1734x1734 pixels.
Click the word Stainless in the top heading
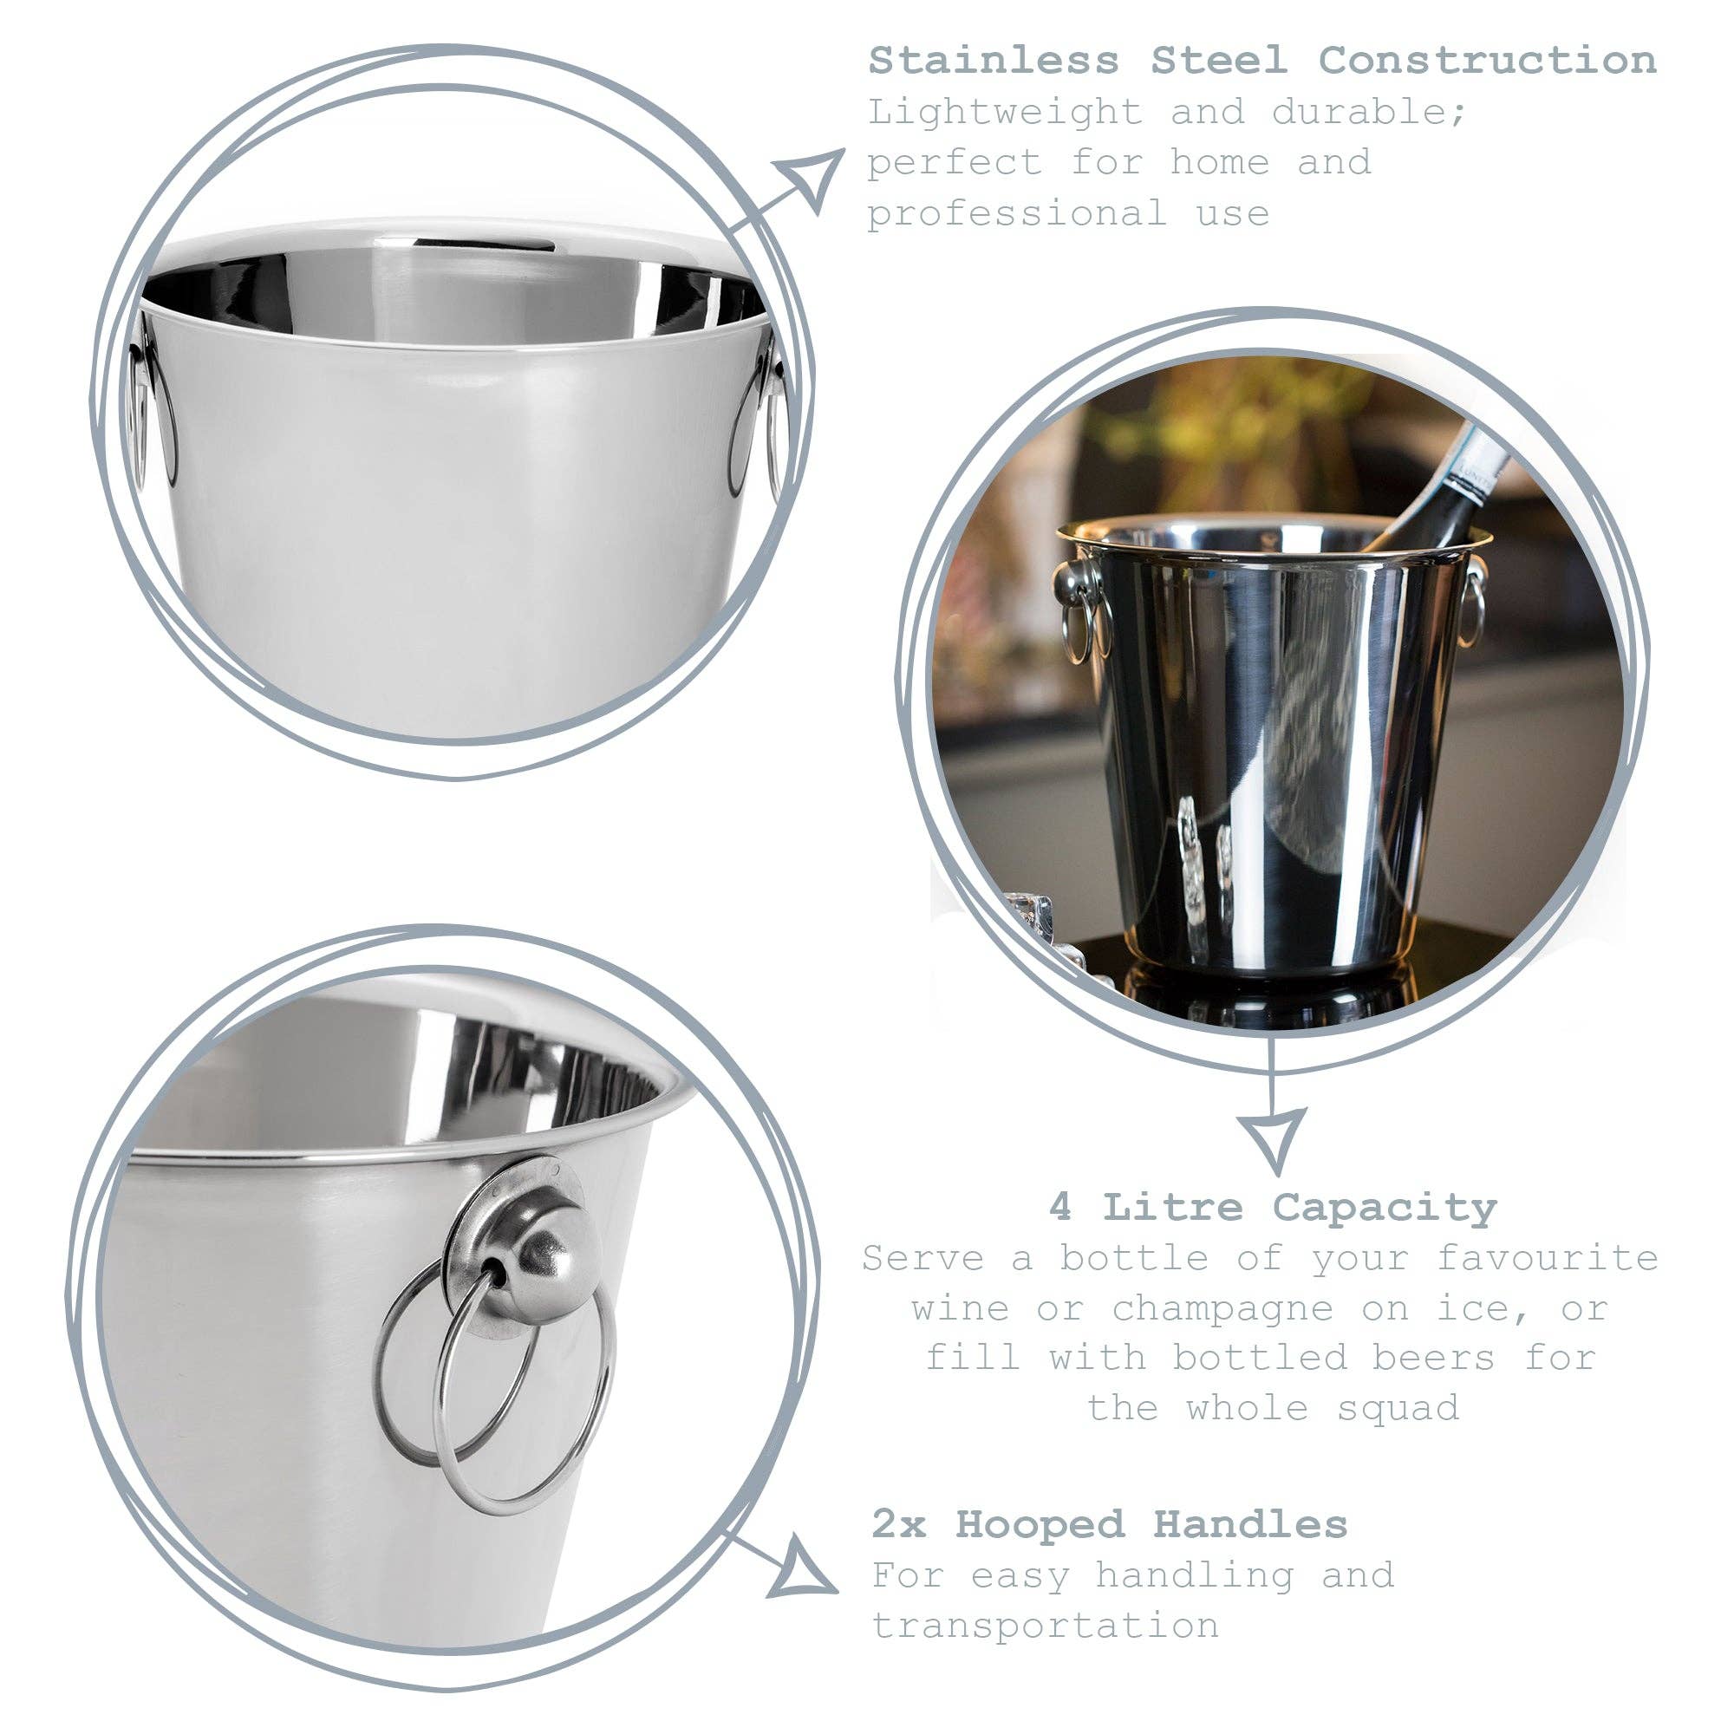click(994, 61)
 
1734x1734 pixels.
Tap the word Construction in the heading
click(1486, 61)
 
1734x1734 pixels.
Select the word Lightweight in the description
click(1005, 112)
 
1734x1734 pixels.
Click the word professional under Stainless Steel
click(1017, 213)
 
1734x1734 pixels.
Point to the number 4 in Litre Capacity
click(1060, 1208)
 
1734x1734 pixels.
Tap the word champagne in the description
click(1222, 1309)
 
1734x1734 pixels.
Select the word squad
click(1398, 1408)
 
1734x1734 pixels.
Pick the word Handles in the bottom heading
click(1249, 1524)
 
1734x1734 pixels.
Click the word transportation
click(1046, 1626)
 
